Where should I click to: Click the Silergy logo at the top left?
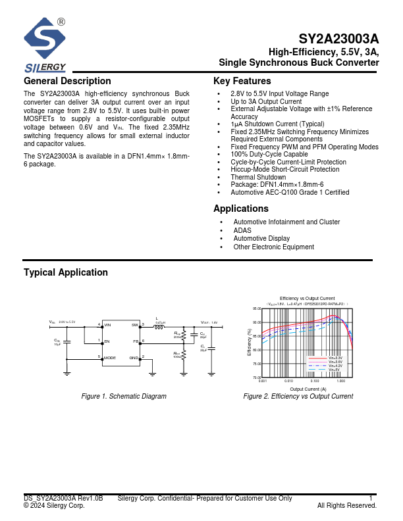tap(45, 45)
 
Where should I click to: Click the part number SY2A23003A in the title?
tap(338, 39)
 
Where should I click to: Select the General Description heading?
tap(67, 81)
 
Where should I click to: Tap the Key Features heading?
tap(242, 81)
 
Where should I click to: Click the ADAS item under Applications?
tap(242, 231)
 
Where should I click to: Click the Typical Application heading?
tap(66, 272)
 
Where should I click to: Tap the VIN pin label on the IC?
tap(108, 325)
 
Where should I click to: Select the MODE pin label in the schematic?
tap(110, 358)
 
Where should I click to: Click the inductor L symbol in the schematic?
tap(159, 326)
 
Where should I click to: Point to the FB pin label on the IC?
tap(136, 341)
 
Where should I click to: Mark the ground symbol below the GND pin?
tap(152, 373)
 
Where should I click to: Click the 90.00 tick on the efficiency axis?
tap(257, 322)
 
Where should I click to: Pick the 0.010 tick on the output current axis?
tap(288, 381)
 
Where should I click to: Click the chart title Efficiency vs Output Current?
tap(308, 299)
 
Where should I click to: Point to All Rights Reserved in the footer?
tap(346, 506)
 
